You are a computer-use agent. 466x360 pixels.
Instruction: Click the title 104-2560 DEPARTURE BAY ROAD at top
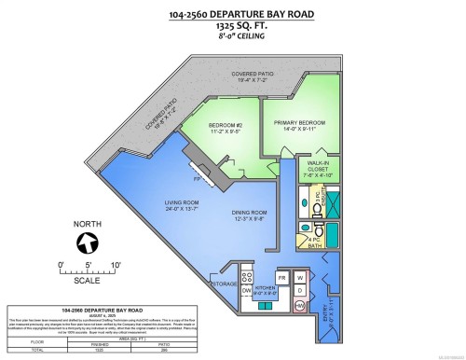(x=232, y=13)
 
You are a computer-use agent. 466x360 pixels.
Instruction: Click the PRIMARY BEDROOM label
(x=299, y=122)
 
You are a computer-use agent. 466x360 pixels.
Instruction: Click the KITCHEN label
(x=266, y=287)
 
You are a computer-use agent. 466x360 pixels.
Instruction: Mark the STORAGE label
(x=225, y=283)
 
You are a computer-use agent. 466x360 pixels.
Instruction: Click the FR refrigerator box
(x=282, y=277)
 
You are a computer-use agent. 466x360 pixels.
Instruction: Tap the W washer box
(x=300, y=277)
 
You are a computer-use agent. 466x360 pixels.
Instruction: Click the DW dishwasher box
(x=247, y=290)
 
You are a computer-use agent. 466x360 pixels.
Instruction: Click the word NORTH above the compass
(x=89, y=225)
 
